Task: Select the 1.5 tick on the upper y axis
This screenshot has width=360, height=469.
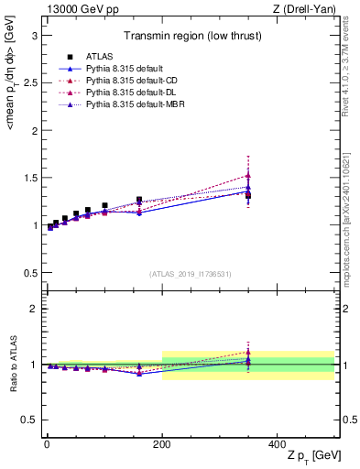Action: coord(31,178)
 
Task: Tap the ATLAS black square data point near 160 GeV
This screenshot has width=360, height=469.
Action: coord(139,200)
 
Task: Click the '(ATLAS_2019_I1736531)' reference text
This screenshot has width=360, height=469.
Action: coord(190,274)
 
